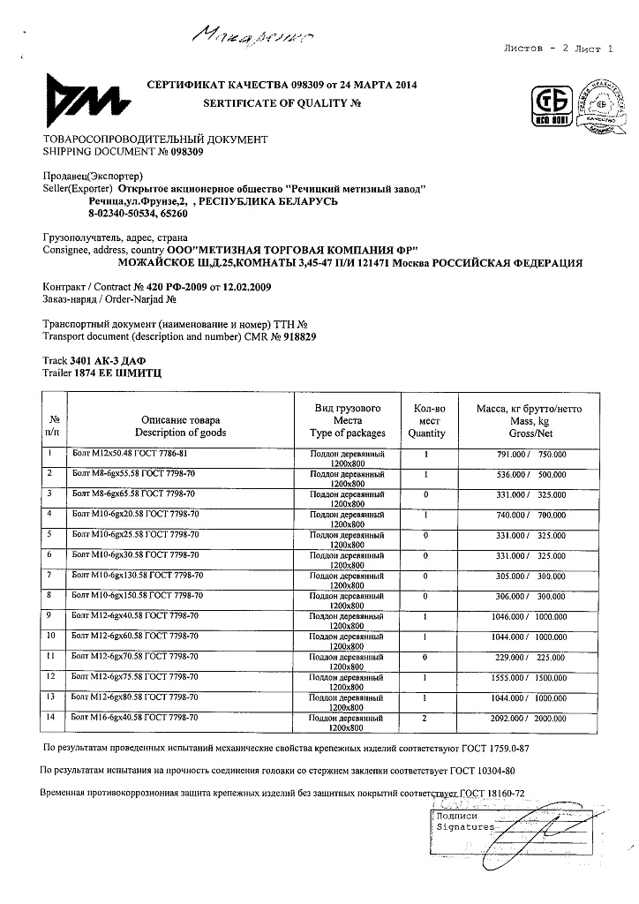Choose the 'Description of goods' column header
point(180,433)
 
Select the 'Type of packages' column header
point(348,433)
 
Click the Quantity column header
point(426,433)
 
